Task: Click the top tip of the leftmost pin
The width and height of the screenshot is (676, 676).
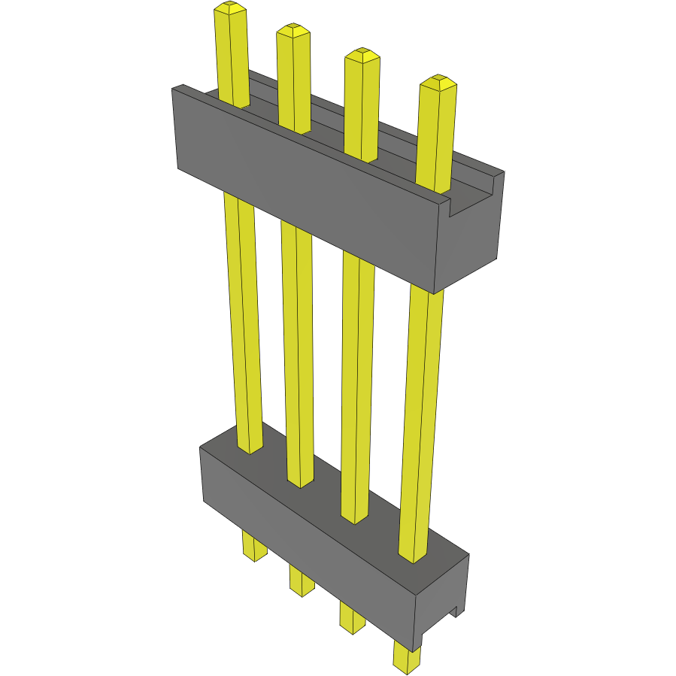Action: [230, 8]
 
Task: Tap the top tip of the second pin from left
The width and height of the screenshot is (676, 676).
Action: [293, 31]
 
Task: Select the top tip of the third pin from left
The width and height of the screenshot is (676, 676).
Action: [362, 55]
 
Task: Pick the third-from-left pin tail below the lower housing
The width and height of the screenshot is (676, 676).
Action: [351, 617]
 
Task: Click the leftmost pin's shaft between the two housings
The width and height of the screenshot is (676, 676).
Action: [244, 323]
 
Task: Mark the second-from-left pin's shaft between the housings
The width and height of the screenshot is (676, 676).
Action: [298, 353]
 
